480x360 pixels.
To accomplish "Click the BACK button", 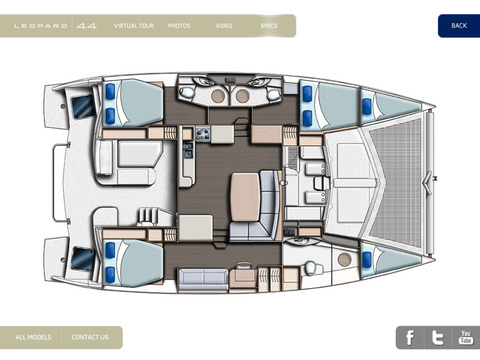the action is [459, 26].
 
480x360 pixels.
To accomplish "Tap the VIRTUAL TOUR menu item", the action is [134, 26].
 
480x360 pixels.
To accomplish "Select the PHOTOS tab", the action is [179, 26].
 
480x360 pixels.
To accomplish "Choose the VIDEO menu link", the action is [224, 26].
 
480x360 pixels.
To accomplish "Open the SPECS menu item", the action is [269, 26].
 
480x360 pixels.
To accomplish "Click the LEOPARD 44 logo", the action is [55, 26].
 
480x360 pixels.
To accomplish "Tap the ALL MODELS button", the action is [33, 337].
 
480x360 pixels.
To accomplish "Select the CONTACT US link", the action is [90, 337].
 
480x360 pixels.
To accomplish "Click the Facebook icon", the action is [410, 338].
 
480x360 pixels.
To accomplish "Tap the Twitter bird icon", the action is [438, 338].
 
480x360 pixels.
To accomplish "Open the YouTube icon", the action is [466, 338].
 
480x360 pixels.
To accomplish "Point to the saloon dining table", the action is [245, 197].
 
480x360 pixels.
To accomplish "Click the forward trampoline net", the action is [396, 183].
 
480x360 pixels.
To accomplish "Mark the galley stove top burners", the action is [203, 134].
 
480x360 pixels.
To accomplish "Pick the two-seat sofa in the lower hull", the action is [203, 279].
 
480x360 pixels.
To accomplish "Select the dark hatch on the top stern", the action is [82, 106].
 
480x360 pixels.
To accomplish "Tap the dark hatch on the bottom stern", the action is [82, 259].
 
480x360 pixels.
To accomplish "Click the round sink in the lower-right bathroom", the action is [344, 259].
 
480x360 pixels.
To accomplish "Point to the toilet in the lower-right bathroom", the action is [312, 267].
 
